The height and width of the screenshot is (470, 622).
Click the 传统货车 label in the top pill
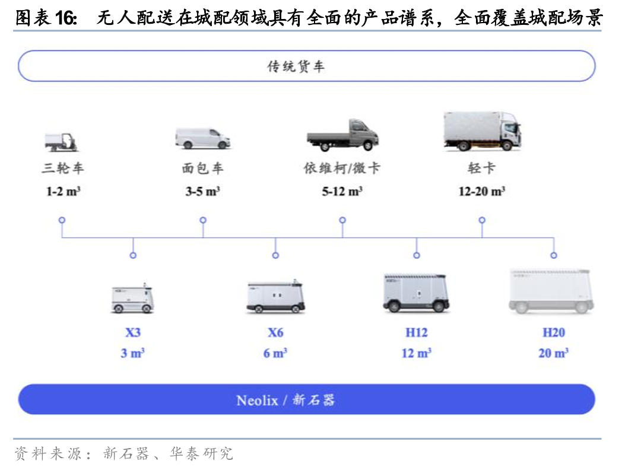(x=296, y=66)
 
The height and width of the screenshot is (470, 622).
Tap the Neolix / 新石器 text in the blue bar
(x=285, y=400)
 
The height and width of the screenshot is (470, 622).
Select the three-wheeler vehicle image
(x=62, y=141)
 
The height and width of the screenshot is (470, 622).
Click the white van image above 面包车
(x=203, y=138)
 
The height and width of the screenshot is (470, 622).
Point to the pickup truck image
(x=342, y=135)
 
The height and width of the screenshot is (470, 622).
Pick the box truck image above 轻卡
(x=482, y=131)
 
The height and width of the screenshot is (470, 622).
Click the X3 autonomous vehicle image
(x=132, y=298)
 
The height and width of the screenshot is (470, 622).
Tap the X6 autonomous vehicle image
(x=275, y=297)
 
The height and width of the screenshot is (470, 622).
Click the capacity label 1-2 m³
(x=63, y=192)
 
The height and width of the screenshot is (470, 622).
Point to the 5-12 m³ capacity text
(x=342, y=192)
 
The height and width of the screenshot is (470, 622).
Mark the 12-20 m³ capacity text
(x=481, y=192)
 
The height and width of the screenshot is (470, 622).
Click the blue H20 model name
(x=553, y=332)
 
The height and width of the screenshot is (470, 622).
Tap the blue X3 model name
(x=133, y=332)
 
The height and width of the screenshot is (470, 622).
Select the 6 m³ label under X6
(x=275, y=353)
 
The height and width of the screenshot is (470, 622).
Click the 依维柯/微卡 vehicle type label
(x=342, y=169)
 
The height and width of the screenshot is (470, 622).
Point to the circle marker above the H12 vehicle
(x=416, y=255)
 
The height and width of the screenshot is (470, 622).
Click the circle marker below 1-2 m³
(x=62, y=220)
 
